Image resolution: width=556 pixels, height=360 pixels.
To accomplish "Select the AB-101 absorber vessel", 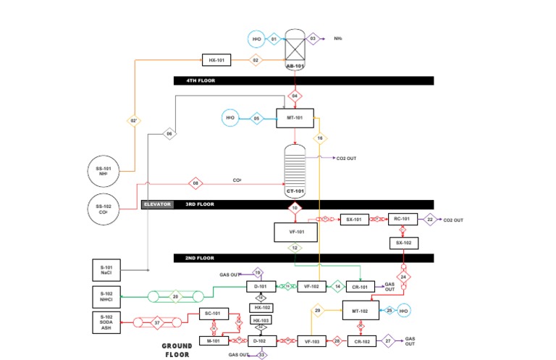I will coord(294,49).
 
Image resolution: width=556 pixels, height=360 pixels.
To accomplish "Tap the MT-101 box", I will coord(295,117).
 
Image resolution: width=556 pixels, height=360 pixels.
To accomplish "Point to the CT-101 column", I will coord(294,168).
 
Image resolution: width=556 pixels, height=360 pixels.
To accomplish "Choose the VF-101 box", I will coord(295,233).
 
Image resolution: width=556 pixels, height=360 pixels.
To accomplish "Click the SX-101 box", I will coord(355,219).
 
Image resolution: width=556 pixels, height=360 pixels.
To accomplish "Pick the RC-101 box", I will coord(403,219).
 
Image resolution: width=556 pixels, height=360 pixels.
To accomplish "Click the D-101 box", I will coord(261,287).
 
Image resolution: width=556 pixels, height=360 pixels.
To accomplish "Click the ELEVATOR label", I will coord(157,204).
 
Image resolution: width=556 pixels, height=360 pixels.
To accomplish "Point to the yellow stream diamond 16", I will coord(319,137).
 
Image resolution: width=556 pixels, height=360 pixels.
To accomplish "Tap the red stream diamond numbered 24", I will coord(404,277).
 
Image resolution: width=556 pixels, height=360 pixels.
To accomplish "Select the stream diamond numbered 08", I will coord(195,183).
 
